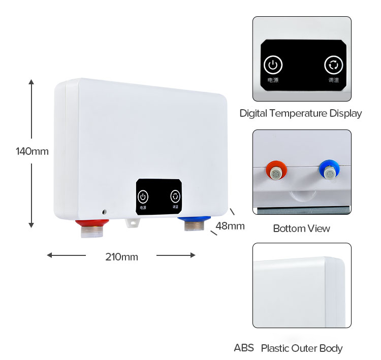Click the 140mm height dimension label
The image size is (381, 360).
pos(31,151)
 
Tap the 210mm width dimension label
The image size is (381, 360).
pos(121,256)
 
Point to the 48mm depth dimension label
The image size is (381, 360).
pos(230,226)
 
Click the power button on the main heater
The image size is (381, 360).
pos(143,197)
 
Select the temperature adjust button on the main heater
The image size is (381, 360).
pos(175,197)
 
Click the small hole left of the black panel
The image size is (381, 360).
pos(104,211)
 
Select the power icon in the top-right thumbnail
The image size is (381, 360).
pos(273,65)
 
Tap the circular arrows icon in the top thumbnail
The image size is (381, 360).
pos(334,65)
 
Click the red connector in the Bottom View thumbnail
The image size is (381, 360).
pos(275,172)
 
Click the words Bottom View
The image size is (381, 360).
pos(301,228)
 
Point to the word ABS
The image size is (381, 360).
pos(244,348)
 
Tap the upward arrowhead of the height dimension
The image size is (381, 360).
pos(31,81)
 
